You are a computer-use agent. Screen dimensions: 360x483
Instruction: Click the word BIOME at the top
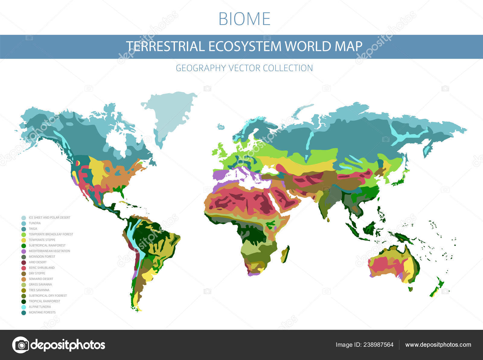(x=244, y=19)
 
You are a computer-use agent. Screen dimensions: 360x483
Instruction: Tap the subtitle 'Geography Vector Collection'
(x=244, y=68)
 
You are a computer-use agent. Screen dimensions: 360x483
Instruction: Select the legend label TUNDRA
(x=34, y=223)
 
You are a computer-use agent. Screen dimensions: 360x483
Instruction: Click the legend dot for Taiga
(x=24, y=229)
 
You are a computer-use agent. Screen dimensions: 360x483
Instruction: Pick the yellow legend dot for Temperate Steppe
(x=24, y=240)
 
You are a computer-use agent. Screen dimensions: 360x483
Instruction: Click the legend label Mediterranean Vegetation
(x=49, y=251)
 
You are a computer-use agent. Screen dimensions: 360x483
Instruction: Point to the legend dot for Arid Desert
(x=24, y=263)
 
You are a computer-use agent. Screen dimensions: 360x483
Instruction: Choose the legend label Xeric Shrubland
(x=42, y=268)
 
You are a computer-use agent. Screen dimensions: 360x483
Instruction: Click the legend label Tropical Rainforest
(x=44, y=301)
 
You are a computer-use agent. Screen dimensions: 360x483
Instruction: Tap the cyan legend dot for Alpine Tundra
(x=24, y=307)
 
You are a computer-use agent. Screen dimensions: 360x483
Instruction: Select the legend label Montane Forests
(x=42, y=312)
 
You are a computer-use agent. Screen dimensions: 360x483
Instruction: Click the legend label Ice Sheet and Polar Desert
(x=50, y=218)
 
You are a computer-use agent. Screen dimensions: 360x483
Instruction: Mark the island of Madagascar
(x=285, y=254)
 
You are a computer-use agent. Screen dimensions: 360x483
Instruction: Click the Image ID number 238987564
(x=377, y=345)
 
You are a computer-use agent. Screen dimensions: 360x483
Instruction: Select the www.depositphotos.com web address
(x=438, y=345)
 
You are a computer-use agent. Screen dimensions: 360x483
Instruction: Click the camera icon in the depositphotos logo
(x=21, y=345)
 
